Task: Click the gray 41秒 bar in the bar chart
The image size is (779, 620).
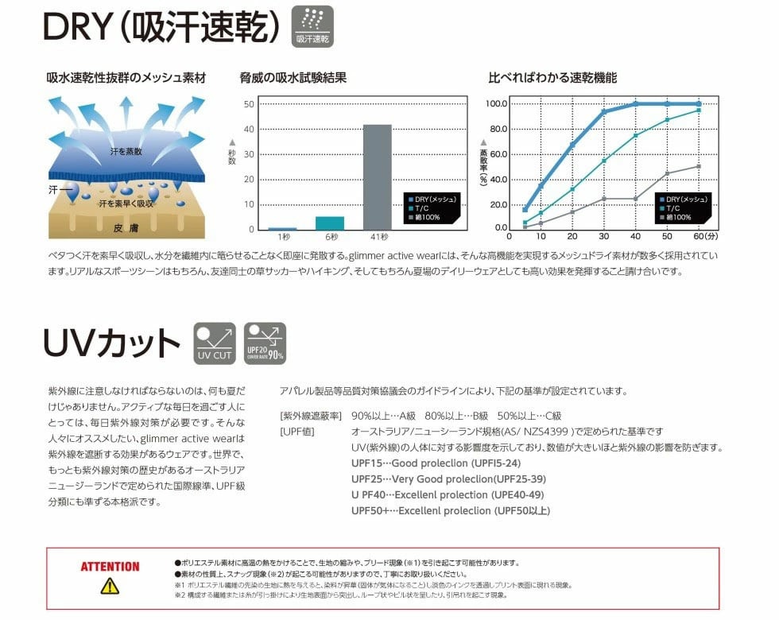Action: (378, 176)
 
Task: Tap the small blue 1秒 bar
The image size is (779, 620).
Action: (282, 228)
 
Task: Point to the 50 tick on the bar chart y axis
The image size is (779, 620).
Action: (249, 104)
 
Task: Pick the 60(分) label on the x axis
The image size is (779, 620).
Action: (704, 237)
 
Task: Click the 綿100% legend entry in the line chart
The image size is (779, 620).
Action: (680, 216)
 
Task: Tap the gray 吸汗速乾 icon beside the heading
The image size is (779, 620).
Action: (314, 26)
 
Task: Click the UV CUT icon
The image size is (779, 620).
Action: (215, 343)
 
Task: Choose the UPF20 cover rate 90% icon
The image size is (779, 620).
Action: (265, 343)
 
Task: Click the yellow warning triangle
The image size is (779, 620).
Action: (109, 587)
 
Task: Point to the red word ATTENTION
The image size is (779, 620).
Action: (110, 567)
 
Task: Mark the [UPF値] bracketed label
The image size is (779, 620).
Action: (299, 431)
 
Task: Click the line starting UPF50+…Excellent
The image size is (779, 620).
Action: (450, 510)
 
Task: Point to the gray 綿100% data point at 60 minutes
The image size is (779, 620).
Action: (699, 166)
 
